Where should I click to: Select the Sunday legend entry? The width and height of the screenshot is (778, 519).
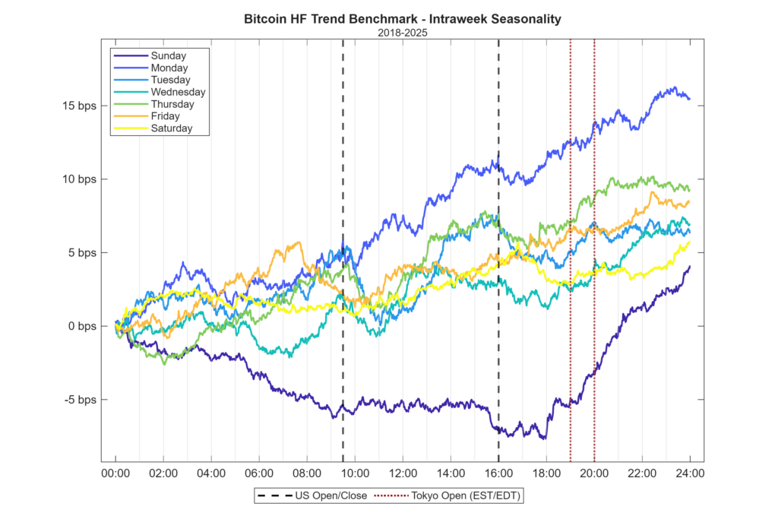[168, 55]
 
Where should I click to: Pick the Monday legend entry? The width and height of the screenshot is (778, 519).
[169, 68]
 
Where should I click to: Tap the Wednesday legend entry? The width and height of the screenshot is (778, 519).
[178, 92]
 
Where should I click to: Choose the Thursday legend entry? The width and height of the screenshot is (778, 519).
[172, 104]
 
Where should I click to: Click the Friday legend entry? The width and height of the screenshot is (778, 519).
[166, 116]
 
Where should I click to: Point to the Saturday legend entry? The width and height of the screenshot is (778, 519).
[172, 128]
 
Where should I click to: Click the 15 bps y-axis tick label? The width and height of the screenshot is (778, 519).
[79, 106]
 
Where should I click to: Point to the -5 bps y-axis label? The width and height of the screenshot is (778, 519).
[79, 400]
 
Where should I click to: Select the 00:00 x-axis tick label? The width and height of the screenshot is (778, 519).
[115, 473]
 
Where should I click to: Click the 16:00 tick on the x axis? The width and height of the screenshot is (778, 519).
[498, 473]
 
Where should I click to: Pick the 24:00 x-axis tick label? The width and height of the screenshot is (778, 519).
[690, 473]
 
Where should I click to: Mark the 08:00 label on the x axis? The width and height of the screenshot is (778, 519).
[307, 473]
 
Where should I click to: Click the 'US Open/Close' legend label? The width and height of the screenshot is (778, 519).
[330, 496]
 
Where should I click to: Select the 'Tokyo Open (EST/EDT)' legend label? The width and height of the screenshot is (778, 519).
[467, 496]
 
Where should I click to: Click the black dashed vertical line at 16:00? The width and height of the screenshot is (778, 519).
[498, 228]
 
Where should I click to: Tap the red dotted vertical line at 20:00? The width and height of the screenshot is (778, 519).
[594, 228]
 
